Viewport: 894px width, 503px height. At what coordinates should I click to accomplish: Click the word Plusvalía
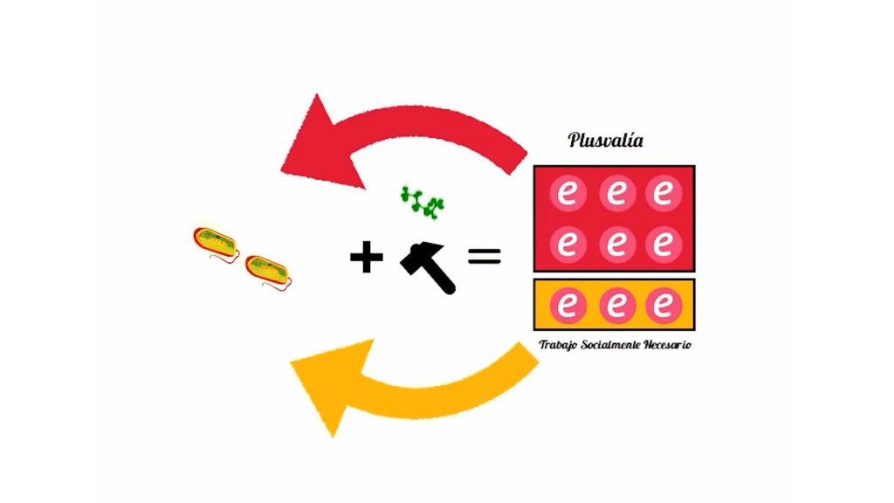point(606,141)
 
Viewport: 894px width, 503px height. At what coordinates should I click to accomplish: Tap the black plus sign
point(366,257)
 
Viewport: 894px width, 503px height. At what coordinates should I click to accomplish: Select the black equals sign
point(484,256)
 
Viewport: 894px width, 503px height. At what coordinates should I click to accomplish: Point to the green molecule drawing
point(423,203)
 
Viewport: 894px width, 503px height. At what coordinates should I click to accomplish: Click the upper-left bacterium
point(217,245)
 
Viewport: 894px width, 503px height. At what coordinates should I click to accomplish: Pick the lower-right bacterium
point(268,272)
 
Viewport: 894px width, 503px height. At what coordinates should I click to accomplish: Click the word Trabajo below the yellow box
point(558,345)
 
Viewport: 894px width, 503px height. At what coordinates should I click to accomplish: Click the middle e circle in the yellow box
point(617,305)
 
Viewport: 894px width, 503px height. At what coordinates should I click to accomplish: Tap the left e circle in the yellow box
point(567,305)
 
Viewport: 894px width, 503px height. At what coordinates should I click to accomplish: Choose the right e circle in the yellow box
point(664,305)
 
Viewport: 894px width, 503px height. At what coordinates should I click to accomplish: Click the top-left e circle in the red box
point(567,193)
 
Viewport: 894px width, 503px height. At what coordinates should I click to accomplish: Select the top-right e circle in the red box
point(664,193)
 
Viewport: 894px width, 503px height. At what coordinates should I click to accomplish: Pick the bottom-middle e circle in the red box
point(617,245)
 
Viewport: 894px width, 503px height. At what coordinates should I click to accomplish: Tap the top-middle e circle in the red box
point(617,193)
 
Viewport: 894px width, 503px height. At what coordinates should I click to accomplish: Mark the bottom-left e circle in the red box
point(567,245)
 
